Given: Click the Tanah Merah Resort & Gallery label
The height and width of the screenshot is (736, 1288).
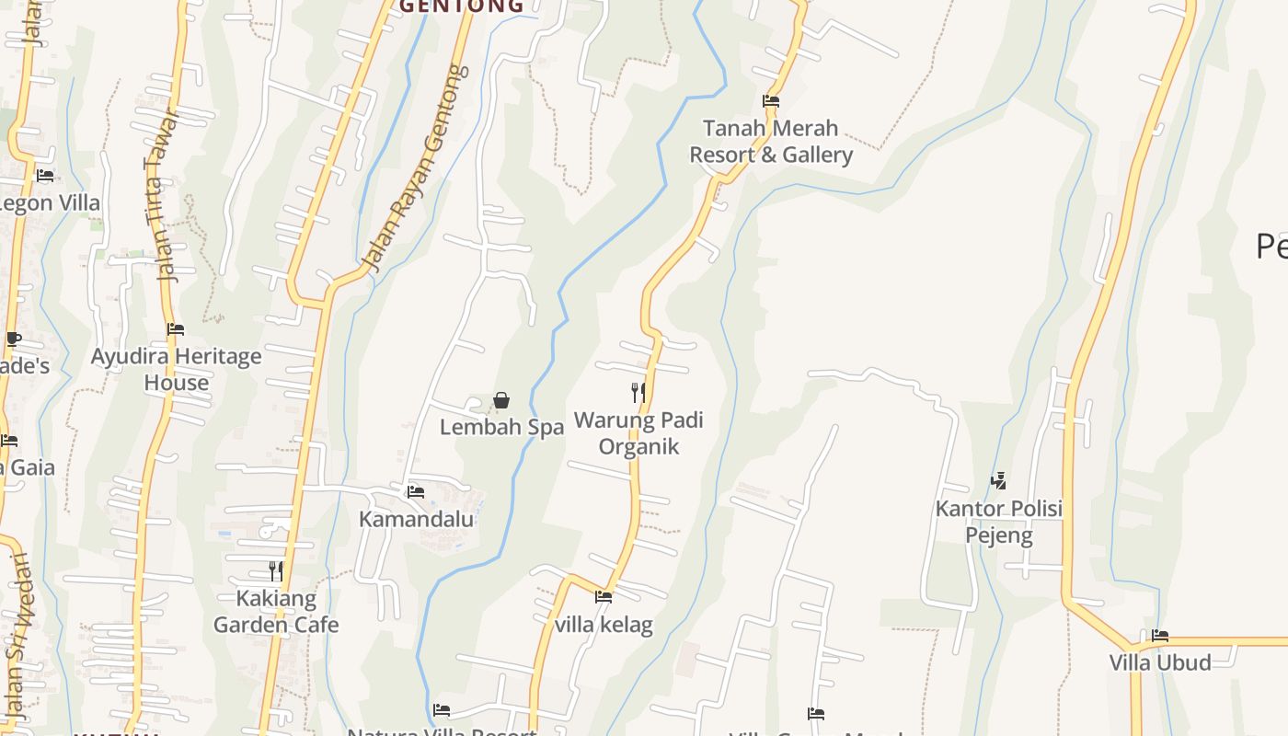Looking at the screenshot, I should (x=771, y=142).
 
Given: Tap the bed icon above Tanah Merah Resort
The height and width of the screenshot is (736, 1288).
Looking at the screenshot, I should (x=771, y=101).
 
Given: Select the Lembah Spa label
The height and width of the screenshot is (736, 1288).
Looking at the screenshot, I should (x=501, y=428).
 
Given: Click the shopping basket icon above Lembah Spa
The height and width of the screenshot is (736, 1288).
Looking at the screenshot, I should (x=501, y=400).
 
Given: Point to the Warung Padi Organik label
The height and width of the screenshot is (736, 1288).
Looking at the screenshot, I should (x=638, y=433).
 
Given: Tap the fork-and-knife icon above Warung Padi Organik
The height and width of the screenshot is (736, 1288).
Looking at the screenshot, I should (x=638, y=393).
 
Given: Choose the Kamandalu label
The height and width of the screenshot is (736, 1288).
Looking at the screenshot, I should (x=416, y=519).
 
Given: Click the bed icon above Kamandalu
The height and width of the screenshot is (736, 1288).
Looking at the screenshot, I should (x=416, y=492).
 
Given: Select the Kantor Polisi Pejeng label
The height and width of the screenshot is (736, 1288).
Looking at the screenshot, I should (x=999, y=522).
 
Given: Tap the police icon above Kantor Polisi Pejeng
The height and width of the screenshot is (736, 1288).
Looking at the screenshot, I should (x=998, y=480).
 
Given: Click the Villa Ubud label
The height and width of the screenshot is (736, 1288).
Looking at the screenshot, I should (x=1159, y=662).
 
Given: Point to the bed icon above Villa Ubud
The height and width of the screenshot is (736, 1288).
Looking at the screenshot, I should (x=1159, y=636).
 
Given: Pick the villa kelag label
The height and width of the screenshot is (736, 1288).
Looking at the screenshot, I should (x=604, y=625).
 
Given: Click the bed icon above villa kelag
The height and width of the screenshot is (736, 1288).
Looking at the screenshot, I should (x=604, y=597).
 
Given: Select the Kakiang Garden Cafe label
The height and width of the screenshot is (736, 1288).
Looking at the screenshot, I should (x=276, y=612).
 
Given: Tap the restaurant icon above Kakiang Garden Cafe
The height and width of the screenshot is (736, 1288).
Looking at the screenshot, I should (x=275, y=571).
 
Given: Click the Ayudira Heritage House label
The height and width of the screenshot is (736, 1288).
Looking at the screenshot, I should (x=176, y=369).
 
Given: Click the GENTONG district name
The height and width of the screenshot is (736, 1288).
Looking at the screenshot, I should (x=461, y=6).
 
